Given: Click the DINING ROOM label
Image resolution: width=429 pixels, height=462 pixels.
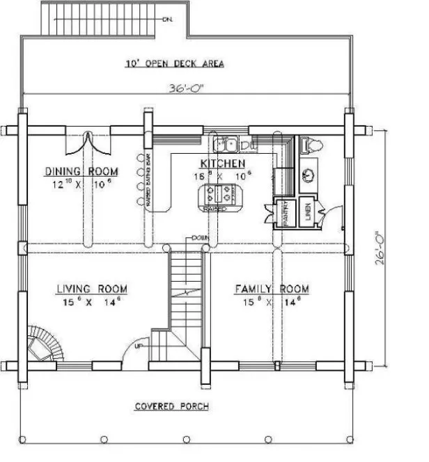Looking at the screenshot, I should (81, 171).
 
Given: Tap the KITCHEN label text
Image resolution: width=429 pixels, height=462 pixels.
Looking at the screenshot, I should (223, 163).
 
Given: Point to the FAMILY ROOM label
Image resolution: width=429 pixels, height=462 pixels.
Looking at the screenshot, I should (272, 289).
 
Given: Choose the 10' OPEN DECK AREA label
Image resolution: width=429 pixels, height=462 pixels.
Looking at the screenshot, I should (175, 64).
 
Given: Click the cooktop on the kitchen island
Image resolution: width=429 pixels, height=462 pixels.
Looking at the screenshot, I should (219, 193).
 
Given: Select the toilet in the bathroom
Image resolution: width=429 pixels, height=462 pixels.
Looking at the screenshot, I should (311, 145).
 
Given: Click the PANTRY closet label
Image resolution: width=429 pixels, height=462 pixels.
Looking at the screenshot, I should (285, 212).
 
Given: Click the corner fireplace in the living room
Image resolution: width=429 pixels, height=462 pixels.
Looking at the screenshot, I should (42, 344).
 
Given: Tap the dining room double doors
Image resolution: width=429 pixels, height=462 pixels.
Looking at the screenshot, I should (88, 144).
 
